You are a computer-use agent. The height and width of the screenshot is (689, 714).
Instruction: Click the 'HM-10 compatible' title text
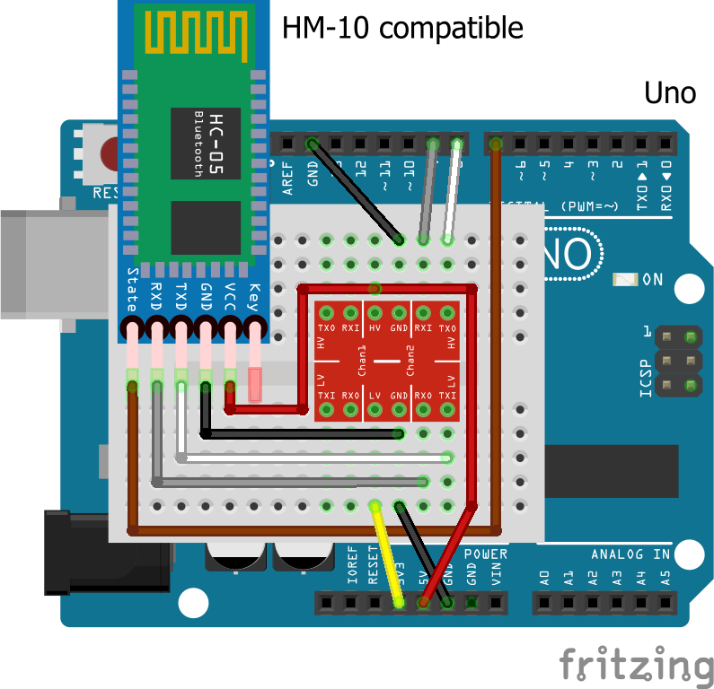[402, 28]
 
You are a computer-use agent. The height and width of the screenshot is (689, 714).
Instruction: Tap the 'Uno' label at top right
[669, 92]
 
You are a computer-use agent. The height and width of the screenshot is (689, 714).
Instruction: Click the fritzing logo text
[637, 664]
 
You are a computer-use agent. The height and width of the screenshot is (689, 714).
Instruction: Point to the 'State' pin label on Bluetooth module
[133, 286]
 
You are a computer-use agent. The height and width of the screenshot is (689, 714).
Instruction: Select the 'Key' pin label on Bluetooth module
[254, 293]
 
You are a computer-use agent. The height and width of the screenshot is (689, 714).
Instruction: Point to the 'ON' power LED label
[653, 280]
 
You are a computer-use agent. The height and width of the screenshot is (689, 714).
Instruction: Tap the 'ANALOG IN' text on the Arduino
[630, 554]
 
